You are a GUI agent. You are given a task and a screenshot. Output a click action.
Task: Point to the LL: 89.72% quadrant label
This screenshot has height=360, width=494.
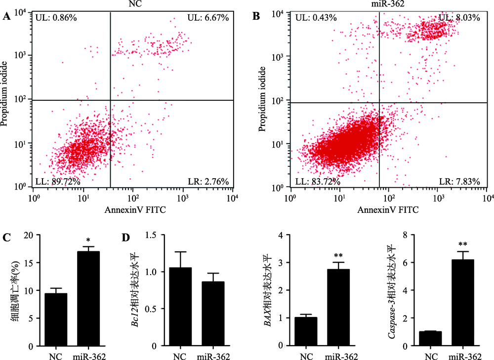[x=58, y=182]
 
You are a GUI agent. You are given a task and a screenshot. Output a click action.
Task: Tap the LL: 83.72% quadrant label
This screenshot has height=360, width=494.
[x=316, y=182]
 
